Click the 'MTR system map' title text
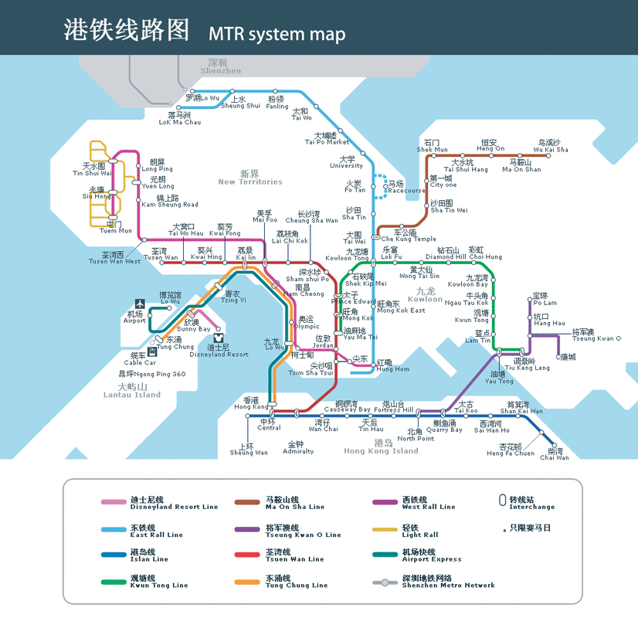coord(277,35)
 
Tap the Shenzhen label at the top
coord(220,66)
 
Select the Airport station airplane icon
coord(140,304)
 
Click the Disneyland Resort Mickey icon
coord(218,338)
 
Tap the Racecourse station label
coord(406,187)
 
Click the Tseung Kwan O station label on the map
coord(596,335)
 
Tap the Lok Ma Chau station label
coord(179,118)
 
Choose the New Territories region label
coord(249,178)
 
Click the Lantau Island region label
coord(132,391)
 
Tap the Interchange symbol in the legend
coord(503,501)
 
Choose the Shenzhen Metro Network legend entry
coord(448,582)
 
